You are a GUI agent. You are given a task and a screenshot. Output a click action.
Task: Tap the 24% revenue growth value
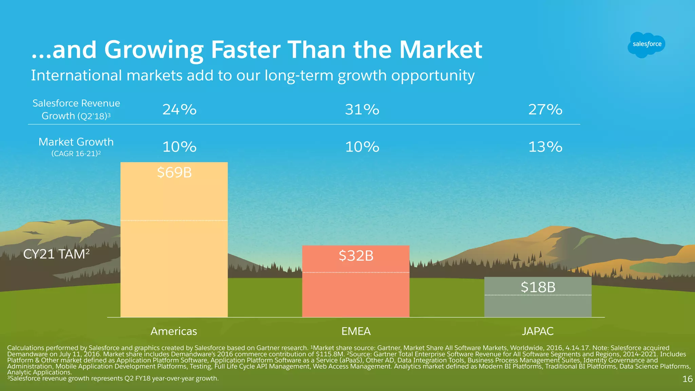(x=179, y=110)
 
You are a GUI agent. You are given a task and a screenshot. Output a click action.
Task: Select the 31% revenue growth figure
(x=362, y=110)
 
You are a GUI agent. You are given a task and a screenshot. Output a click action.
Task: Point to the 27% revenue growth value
(x=545, y=110)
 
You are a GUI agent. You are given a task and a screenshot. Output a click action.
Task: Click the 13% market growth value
(x=545, y=147)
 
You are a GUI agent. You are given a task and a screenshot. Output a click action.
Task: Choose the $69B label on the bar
(x=174, y=173)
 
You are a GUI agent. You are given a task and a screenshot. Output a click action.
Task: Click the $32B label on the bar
(x=356, y=256)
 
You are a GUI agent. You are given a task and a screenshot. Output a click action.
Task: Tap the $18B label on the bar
(x=538, y=287)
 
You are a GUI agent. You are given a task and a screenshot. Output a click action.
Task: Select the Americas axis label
(x=173, y=331)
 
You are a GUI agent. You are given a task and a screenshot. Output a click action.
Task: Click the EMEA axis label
(x=356, y=331)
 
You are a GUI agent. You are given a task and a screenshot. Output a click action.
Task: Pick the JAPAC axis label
(x=538, y=331)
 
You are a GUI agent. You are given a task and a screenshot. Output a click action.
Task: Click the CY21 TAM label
(x=56, y=254)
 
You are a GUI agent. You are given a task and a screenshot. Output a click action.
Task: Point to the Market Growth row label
(x=76, y=142)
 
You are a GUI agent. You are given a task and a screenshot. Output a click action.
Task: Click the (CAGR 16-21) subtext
(x=76, y=154)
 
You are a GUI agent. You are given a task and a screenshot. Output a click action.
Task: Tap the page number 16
(x=687, y=379)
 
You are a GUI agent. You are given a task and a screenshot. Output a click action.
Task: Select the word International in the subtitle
(x=76, y=75)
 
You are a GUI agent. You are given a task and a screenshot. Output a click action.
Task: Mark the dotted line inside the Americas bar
(x=174, y=221)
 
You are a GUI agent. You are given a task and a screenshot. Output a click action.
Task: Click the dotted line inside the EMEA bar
(x=356, y=272)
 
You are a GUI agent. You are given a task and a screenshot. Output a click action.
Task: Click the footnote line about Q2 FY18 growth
(x=114, y=378)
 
